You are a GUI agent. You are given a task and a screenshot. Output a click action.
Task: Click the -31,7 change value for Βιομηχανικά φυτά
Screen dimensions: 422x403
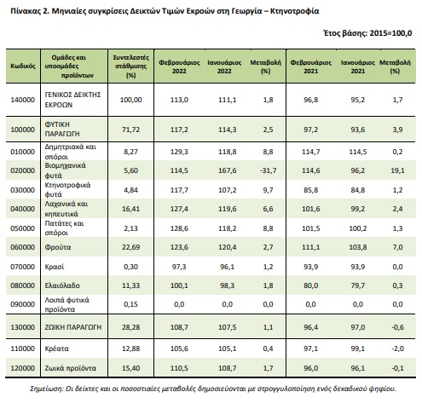click(x=268, y=170)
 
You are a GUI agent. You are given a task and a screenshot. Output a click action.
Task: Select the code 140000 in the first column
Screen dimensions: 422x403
click(x=23, y=100)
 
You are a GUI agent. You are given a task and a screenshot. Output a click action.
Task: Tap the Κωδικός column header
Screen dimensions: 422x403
click(x=23, y=66)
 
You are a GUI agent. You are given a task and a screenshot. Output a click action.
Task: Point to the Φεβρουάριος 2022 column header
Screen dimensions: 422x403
click(x=179, y=66)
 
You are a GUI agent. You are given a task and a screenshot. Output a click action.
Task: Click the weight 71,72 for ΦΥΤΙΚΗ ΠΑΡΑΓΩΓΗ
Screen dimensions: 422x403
click(x=130, y=130)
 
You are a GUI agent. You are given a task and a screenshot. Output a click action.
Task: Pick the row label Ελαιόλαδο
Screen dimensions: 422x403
click(x=62, y=285)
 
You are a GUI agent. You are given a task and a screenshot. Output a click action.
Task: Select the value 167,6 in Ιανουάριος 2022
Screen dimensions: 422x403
click(x=227, y=170)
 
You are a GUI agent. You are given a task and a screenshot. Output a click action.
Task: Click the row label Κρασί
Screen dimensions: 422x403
click(x=55, y=267)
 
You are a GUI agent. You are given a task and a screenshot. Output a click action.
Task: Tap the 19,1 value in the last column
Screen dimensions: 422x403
click(x=397, y=170)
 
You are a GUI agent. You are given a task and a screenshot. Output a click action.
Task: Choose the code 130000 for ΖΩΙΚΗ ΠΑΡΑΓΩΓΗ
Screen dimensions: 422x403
click(x=23, y=327)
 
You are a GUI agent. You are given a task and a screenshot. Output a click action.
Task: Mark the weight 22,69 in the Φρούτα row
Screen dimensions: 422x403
click(x=130, y=247)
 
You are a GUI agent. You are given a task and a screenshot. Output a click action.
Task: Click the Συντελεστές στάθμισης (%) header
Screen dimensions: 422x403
click(x=130, y=66)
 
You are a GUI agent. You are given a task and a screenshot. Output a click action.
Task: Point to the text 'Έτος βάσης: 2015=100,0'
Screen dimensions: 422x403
click(x=367, y=33)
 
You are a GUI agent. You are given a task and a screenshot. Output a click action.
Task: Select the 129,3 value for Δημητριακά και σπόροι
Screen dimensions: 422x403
click(x=179, y=152)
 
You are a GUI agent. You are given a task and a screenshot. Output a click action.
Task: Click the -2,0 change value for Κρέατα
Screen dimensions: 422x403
click(x=397, y=348)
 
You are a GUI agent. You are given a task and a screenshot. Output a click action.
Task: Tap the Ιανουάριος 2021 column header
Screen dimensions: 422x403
click(x=358, y=66)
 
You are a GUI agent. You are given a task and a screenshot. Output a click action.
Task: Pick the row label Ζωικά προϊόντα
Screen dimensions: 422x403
click(x=71, y=368)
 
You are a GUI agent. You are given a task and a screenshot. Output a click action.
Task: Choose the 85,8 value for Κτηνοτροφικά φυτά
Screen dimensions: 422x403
click(x=310, y=190)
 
